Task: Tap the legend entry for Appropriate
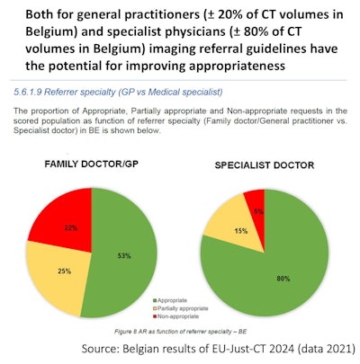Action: [179, 297]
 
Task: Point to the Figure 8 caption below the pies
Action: [181, 332]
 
